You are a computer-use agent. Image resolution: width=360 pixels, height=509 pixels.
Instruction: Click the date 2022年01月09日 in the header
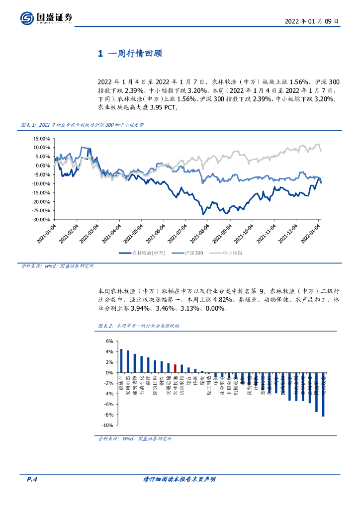click(x=312, y=21)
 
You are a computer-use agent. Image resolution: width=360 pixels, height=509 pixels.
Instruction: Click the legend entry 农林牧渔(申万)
click(x=144, y=253)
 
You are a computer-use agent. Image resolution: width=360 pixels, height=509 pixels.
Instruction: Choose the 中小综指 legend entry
click(x=228, y=253)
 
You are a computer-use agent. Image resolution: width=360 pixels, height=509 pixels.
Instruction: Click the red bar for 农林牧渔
click(x=175, y=368)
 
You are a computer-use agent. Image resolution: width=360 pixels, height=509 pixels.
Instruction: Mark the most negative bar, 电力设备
click(x=323, y=394)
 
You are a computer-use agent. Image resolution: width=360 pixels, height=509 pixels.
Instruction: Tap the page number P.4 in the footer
click(x=32, y=479)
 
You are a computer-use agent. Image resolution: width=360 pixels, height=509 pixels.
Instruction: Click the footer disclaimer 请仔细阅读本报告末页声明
click(x=179, y=479)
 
